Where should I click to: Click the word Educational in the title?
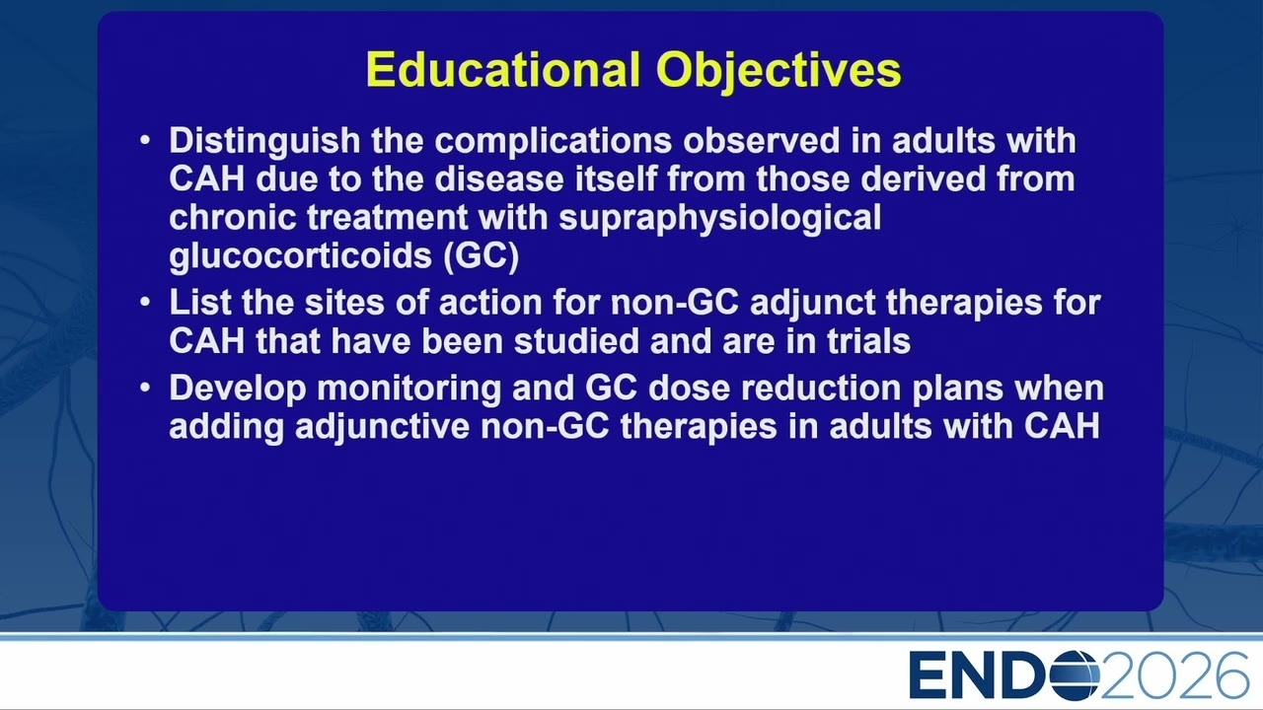pos(503,69)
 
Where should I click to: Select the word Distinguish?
pos(264,142)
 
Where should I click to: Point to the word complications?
pos(554,142)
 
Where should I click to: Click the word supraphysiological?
pos(720,219)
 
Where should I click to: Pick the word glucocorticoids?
pos(301,257)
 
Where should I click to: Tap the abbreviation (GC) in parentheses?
pos(481,257)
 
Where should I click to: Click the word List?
pos(200,302)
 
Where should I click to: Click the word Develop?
pos(238,390)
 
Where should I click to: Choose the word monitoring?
pos(409,390)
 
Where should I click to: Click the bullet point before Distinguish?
pos(145,139)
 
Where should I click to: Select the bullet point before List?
pos(145,302)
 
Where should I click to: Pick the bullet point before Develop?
pos(145,388)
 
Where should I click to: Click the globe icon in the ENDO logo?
pos(1076,675)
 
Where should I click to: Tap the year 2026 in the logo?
pos(1175,675)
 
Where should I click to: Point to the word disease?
pos(499,178)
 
